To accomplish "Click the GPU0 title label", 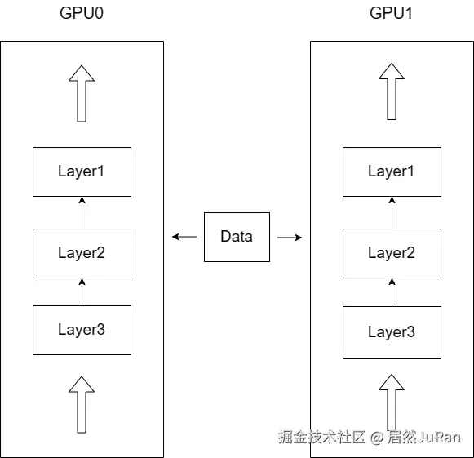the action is (82, 13).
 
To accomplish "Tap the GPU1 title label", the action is (391, 13).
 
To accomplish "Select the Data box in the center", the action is (237, 237).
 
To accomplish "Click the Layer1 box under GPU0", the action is (82, 171).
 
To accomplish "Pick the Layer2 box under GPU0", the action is (82, 253).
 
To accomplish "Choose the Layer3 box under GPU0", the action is (82, 330).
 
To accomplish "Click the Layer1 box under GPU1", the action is (392, 171).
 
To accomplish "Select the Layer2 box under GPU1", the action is (392, 253).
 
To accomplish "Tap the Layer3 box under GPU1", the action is (392, 332).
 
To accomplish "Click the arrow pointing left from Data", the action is (184, 237).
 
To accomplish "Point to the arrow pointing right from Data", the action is (290, 238).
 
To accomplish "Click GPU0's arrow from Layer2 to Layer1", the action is (82, 212).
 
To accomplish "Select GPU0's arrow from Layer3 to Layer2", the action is (82, 292).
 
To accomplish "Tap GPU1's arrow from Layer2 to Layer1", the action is (392, 212).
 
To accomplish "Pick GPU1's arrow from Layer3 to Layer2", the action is (392, 292).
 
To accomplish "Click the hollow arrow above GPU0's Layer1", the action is (82, 94).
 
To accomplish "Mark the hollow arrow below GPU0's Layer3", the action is (82, 405).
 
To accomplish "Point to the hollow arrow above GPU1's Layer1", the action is (392, 91).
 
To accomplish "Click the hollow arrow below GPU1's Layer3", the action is (392, 402).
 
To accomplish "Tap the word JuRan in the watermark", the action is (439, 437).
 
